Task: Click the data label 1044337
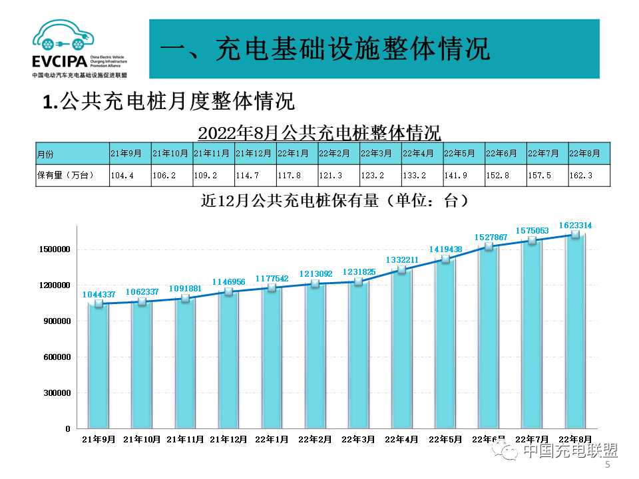tap(99, 294)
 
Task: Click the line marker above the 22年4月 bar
tap(401, 270)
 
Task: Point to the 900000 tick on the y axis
tap(55, 321)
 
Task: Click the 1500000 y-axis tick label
tap(53, 249)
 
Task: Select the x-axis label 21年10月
tap(142, 440)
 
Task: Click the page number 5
tap(607, 466)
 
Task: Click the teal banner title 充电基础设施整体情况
tap(325, 49)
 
